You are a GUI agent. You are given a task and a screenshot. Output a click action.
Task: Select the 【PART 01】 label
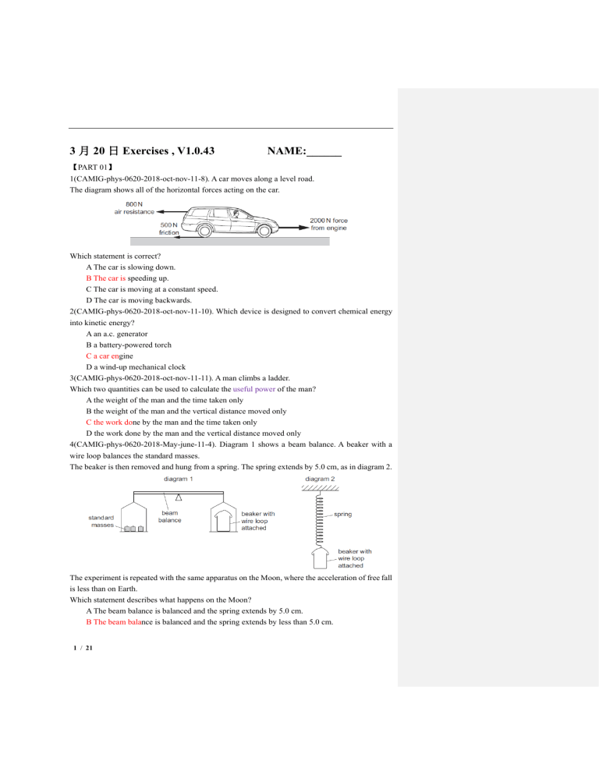click(93, 167)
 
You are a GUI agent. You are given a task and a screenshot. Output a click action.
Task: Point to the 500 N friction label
click(169, 228)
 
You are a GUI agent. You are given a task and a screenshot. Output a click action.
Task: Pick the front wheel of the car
click(265, 231)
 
